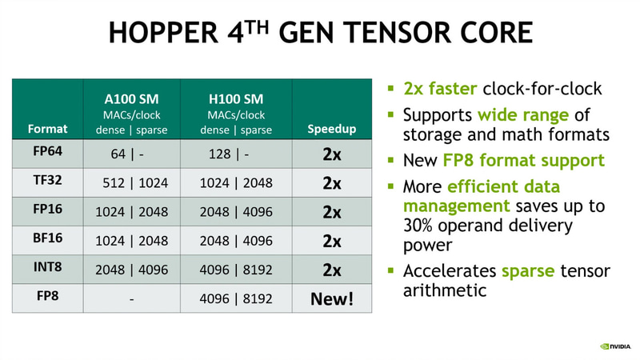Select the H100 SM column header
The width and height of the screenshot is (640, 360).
click(235, 100)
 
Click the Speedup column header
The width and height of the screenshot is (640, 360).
click(332, 128)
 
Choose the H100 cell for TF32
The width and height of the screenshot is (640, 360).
click(235, 183)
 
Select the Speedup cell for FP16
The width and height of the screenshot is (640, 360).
click(332, 212)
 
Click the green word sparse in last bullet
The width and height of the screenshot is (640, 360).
click(527, 270)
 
